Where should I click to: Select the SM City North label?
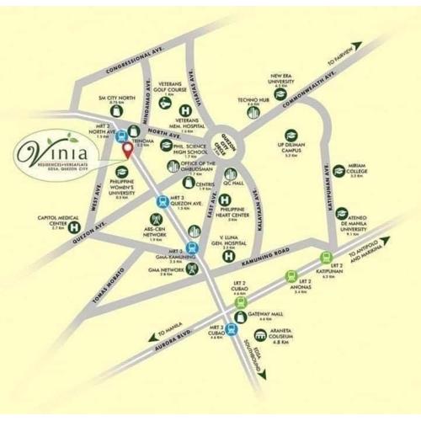pyautogui.click(x=116, y=99)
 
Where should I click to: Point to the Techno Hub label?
pyautogui.click(x=253, y=101)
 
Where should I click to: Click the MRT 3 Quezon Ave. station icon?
pyautogui.click(x=162, y=200)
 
